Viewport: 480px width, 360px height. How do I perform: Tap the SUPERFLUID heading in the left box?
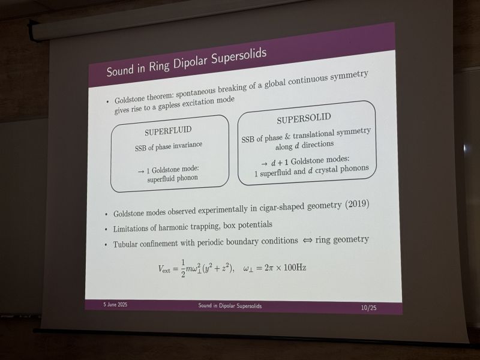168,131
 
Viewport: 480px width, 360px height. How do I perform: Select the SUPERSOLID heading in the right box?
304,118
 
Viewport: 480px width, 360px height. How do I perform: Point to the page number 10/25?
368,308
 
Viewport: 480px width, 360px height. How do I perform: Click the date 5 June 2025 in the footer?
115,305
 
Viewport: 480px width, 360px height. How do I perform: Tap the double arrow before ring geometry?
307,241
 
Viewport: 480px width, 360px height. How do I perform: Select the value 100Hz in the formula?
295,268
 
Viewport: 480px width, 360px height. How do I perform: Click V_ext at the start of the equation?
164,269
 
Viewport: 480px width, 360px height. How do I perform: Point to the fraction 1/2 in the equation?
183,269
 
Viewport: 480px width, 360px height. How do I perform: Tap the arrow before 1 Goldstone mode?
141,172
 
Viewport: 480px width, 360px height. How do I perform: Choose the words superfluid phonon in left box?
172,178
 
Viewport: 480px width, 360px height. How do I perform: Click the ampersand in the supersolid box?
287,137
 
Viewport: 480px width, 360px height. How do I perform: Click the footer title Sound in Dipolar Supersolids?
230,305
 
